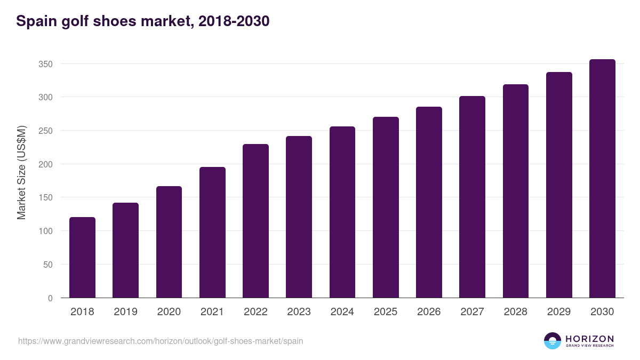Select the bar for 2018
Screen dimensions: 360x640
[82, 258]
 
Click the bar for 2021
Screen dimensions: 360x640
[212, 233]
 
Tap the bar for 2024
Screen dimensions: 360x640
[342, 212]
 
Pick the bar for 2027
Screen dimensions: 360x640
[472, 197]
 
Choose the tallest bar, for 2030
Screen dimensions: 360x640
[602, 179]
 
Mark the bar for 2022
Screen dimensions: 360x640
[255, 221]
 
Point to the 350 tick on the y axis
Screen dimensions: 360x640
[45, 64]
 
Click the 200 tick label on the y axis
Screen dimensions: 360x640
[45, 164]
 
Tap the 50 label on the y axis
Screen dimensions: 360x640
[47, 265]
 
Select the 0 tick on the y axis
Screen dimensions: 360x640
[50, 298]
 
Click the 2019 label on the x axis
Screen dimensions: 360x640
[125, 312]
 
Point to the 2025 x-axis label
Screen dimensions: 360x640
[386, 312]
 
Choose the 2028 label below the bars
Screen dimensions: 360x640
[515, 312]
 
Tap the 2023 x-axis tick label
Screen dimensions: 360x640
[299, 312]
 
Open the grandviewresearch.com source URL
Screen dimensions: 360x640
[161, 341]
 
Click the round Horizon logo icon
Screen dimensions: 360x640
[553, 341]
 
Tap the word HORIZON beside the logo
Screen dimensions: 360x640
[589, 338]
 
